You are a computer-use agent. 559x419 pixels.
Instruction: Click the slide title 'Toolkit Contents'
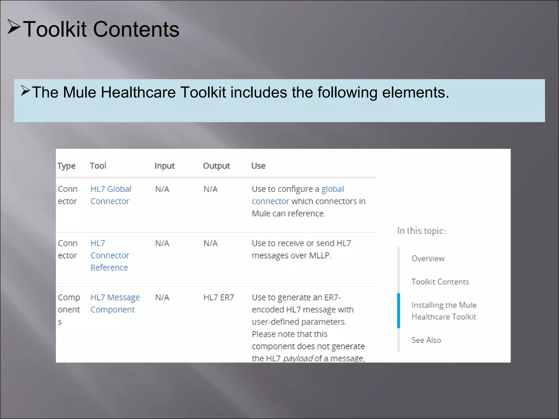click(x=101, y=29)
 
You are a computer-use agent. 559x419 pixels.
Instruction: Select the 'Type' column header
click(x=66, y=166)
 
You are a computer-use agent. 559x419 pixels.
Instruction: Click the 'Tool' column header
click(x=98, y=166)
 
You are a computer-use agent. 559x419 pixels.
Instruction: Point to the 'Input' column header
click(x=164, y=166)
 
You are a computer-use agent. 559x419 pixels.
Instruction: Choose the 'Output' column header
click(x=216, y=166)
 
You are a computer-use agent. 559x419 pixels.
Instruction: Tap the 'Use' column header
click(x=258, y=166)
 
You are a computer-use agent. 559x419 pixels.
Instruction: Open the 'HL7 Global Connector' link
click(x=111, y=195)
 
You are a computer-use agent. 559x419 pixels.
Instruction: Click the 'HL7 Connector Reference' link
click(x=109, y=255)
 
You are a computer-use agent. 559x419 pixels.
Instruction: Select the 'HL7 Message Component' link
click(x=115, y=303)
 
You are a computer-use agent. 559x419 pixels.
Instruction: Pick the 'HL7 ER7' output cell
click(x=219, y=297)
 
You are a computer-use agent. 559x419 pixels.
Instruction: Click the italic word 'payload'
click(x=298, y=358)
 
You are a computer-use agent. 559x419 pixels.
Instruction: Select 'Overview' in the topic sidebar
click(x=428, y=259)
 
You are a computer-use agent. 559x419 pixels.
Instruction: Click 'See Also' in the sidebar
click(x=426, y=340)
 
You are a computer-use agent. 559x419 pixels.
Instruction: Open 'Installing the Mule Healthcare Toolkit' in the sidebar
click(x=444, y=311)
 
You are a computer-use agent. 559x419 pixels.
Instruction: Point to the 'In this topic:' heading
click(x=422, y=231)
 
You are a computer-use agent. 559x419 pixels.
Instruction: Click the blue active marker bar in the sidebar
click(x=399, y=311)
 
